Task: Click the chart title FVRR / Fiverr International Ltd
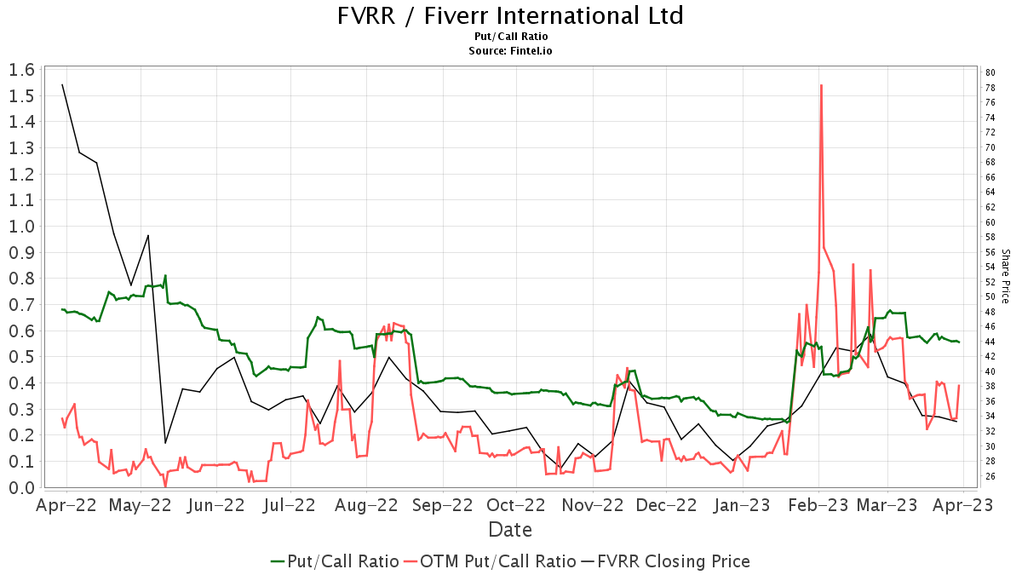pos(511,15)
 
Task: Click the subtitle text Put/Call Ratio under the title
pos(511,37)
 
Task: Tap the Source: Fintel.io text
pos(511,51)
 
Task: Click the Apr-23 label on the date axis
pos(962,505)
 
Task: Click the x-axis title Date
pos(510,530)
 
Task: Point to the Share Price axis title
pos(1005,276)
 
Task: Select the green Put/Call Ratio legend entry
pos(335,561)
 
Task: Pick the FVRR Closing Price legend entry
pos(665,561)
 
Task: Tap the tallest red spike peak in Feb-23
pos(821,85)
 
